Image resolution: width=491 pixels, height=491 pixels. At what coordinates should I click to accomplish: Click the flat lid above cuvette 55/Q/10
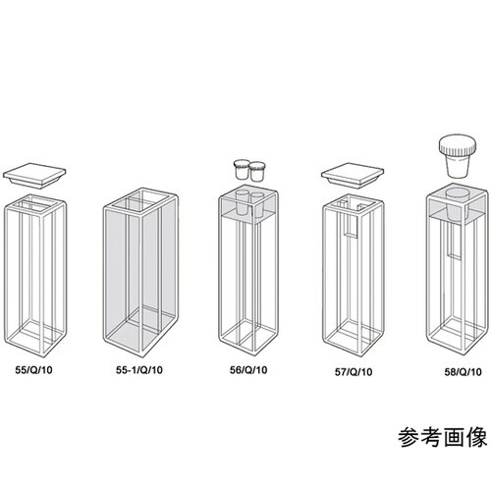(35, 177)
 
